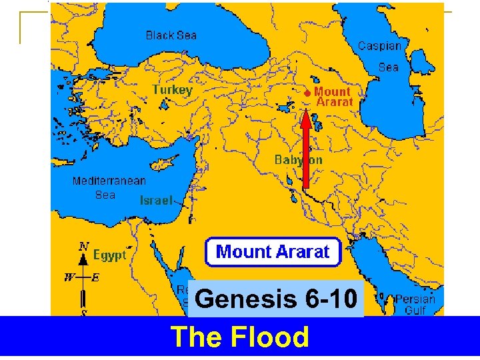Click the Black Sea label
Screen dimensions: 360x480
coord(171,35)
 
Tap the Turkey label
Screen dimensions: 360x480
coord(172,89)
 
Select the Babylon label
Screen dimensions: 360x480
coord(299,160)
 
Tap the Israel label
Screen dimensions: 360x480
coord(156,200)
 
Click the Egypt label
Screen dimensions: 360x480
coord(109,255)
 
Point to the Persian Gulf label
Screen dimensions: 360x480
coord(415,305)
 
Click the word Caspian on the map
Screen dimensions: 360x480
coord(380,46)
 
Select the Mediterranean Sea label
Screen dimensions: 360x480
coord(109,188)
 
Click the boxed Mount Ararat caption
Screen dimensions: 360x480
coord(273,252)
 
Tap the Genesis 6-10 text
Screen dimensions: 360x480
coord(277,299)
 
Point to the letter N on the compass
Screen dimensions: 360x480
coord(83,245)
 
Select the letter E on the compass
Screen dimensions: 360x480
coord(95,278)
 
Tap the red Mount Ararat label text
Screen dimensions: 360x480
coord(333,97)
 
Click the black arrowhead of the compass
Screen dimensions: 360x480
coord(83,259)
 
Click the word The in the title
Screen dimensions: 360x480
coord(195,337)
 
